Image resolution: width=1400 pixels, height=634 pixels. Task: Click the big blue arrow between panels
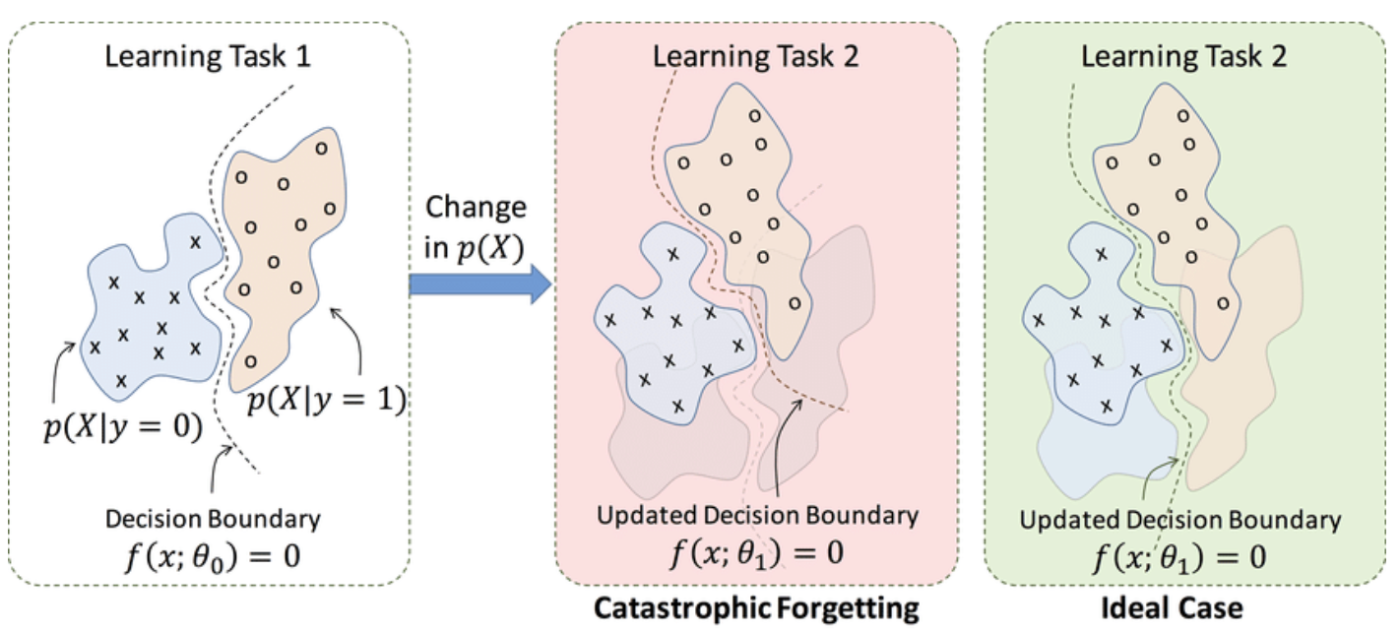(x=478, y=285)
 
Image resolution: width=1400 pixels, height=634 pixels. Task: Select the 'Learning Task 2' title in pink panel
(x=755, y=55)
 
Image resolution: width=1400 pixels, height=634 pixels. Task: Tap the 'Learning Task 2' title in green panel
(x=1183, y=55)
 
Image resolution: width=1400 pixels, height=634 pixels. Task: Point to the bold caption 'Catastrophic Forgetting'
(x=756, y=607)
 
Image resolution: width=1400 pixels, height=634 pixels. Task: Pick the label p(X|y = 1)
(x=328, y=402)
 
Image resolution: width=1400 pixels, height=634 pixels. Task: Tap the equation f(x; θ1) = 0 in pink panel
(x=756, y=549)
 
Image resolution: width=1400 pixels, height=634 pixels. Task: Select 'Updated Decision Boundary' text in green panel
(x=1179, y=520)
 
